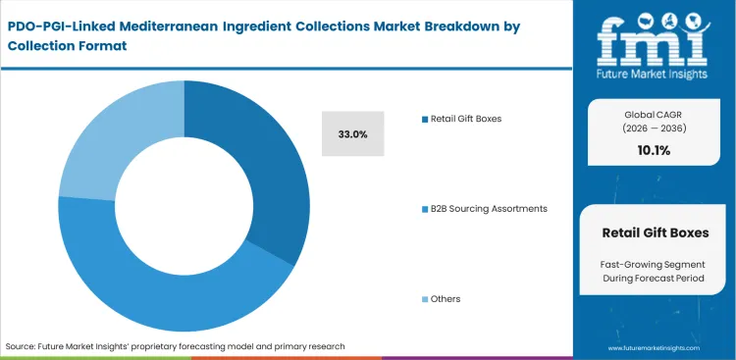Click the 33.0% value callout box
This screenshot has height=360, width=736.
pyautogui.click(x=353, y=134)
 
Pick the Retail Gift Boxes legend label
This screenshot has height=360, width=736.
pyautogui.click(x=465, y=119)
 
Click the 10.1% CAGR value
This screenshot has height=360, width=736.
pyautogui.click(x=655, y=149)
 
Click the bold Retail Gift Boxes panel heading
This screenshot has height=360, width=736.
pyautogui.click(x=655, y=232)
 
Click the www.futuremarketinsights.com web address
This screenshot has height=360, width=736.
pyautogui.click(x=655, y=348)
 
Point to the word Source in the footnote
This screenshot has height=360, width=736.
pyautogui.click(x=22, y=346)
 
